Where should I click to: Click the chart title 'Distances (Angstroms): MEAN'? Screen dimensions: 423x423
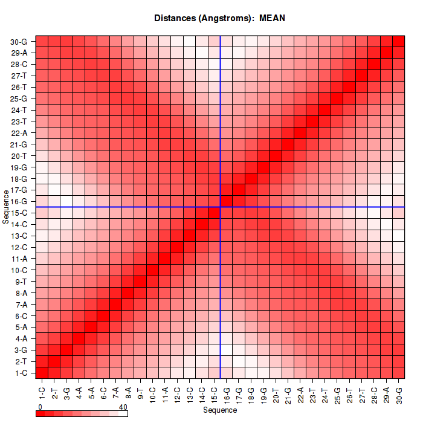point(220,18)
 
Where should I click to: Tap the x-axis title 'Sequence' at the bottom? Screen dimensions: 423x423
point(220,410)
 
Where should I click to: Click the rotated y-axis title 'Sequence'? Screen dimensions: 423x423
point(6,206)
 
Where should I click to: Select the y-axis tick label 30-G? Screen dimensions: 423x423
point(19,42)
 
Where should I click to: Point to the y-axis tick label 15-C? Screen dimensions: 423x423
point(19,213)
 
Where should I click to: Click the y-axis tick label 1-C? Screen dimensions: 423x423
point(19,372)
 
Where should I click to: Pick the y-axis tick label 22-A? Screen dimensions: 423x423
point(19,133)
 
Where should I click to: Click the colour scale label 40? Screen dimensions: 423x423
point(123,407)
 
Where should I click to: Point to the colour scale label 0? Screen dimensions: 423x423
point(39,407)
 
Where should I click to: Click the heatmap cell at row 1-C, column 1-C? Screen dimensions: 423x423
point(42,372)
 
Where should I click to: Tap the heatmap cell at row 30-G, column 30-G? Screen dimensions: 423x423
point(399,42)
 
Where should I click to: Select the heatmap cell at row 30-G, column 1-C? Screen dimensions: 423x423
point(42,42)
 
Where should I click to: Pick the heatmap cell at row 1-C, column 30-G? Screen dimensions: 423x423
point(399,372)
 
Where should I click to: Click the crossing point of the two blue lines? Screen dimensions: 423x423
point(221,207)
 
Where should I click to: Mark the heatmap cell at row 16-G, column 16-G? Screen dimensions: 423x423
point(227,201)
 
